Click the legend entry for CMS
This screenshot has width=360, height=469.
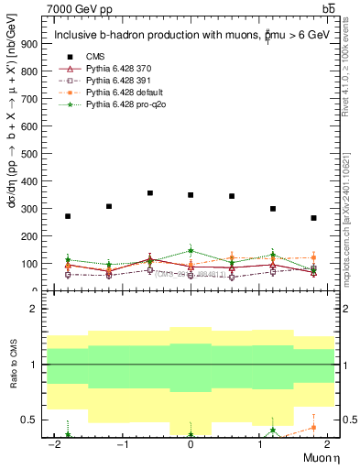pyautogui.click(x=96, y=57)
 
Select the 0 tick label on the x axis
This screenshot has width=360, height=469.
pyautogui.click(x=191, y=444)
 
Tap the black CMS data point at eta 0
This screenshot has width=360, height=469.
pyautogui.click(x=191, y=195)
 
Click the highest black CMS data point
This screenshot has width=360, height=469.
pyautogui.click(x=150, y=193)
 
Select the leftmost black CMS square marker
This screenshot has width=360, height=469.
pyautogui.click(x=68, y=216)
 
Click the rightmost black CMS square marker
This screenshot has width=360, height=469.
pyautogui.click(x=313, y=218)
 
